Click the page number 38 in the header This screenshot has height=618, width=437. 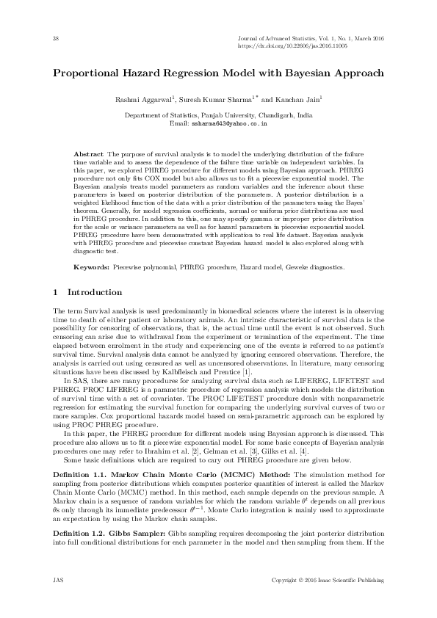pos(57,37)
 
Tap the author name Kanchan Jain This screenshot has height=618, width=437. pos(300,99)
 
